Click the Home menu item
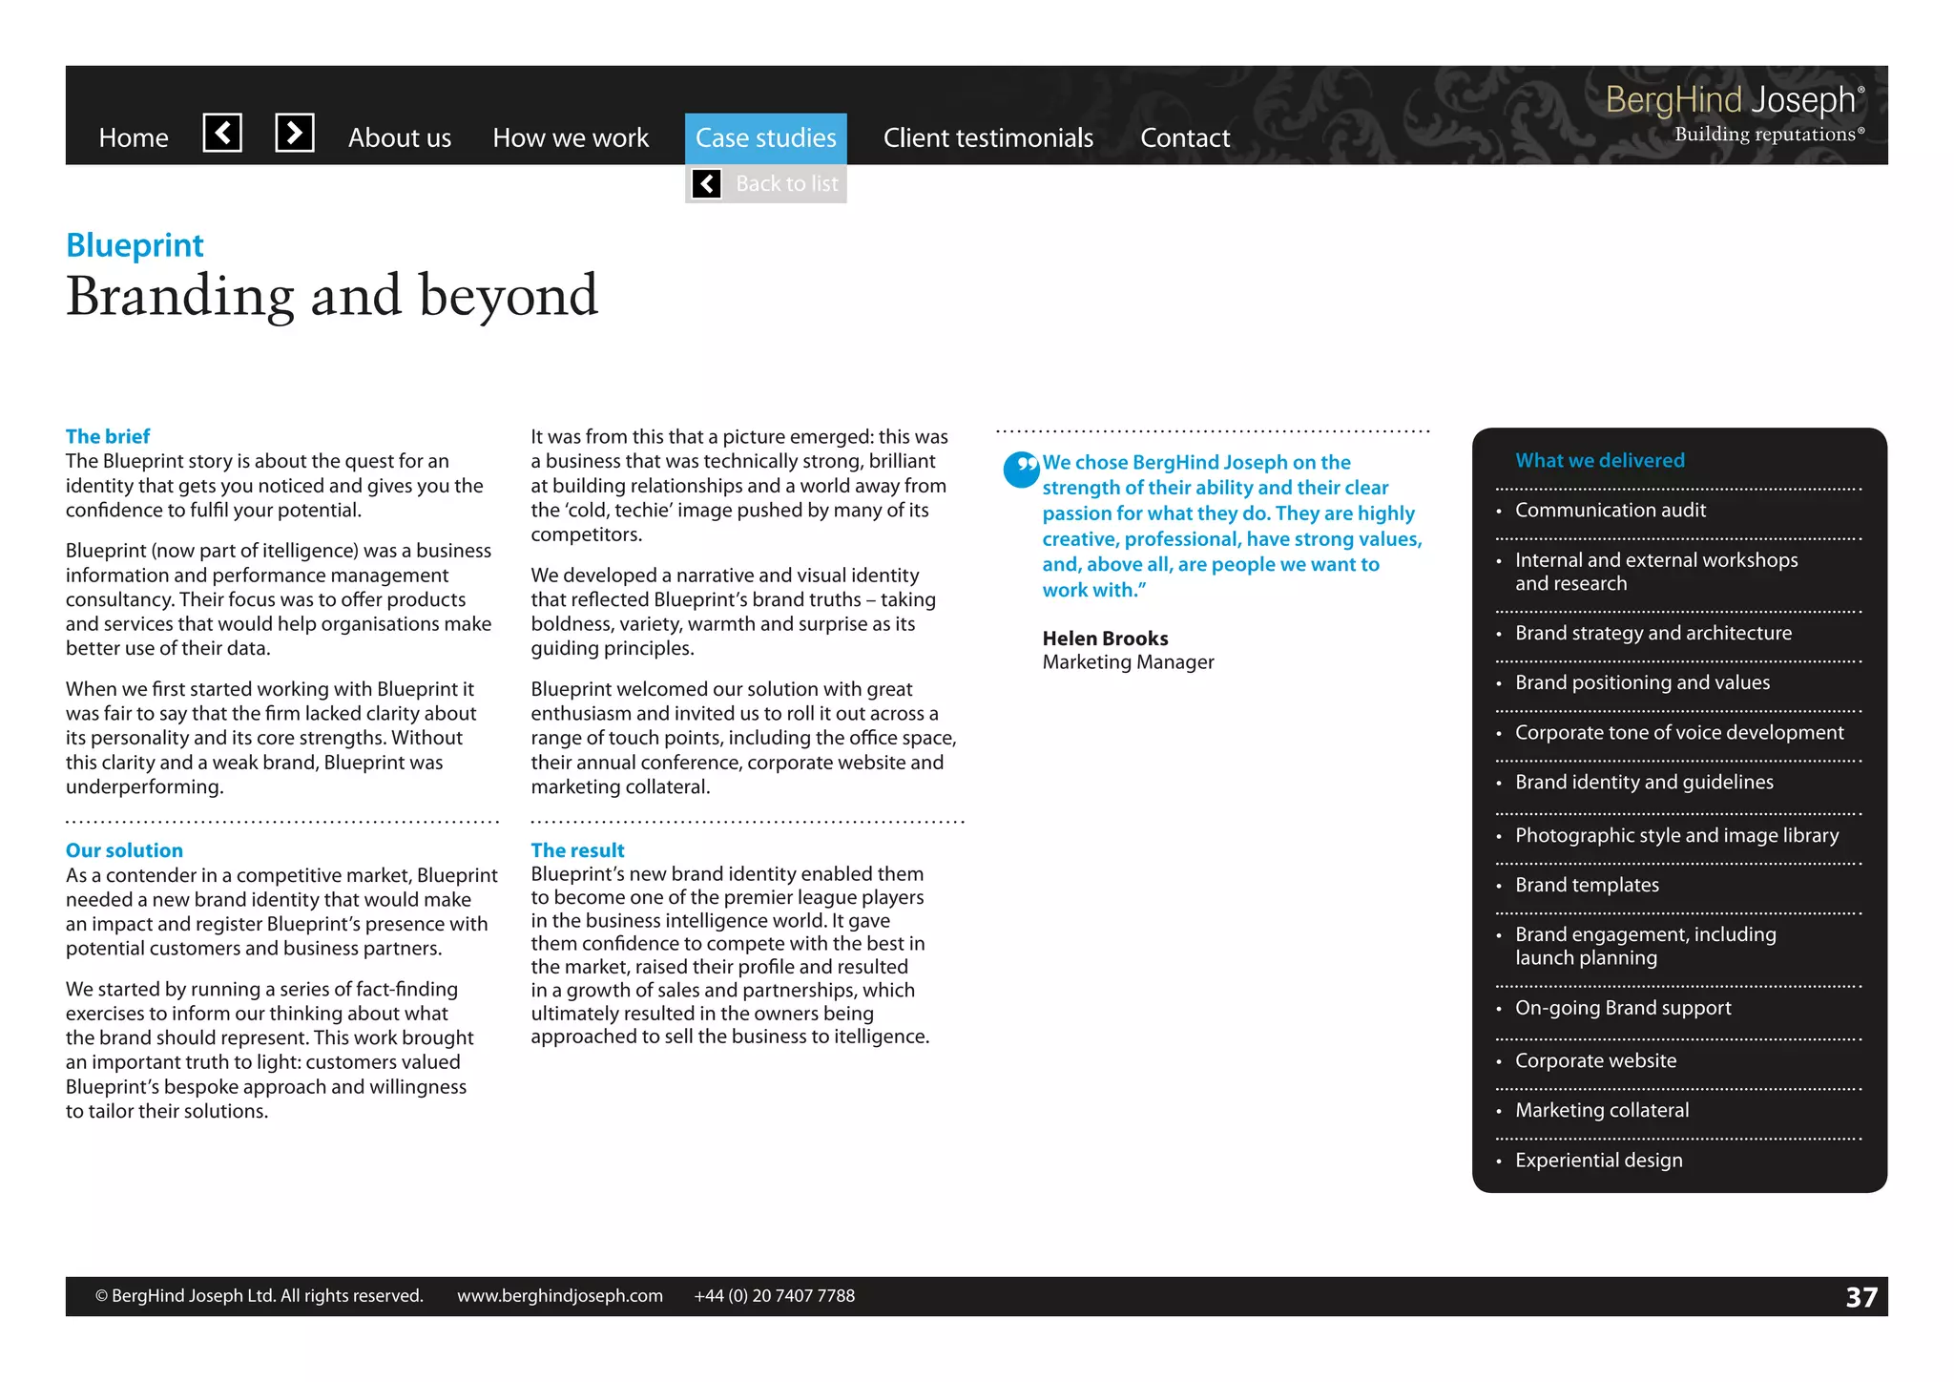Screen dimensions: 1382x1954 coord(134,138)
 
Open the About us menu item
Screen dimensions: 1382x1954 coord(399,138)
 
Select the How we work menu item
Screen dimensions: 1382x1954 coord(570,138)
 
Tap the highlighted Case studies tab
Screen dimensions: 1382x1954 coord(765,138)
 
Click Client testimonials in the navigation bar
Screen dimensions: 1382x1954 coord(987,138)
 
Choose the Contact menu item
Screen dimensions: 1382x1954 coord(1184,138)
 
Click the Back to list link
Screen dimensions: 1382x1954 coord(785,183)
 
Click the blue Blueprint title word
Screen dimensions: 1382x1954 coord(135,245)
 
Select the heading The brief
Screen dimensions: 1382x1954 coord(108,436)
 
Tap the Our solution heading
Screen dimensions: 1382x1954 coord(124,850)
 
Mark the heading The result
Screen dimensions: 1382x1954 coord(577,850)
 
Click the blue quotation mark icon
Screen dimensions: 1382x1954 coord(1021,469)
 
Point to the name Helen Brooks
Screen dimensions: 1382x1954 coord(1105,639)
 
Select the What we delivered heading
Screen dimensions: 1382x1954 coord(1599,460)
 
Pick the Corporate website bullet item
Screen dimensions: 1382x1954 coord(1594,1060)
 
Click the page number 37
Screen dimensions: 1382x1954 coord(1860,1297)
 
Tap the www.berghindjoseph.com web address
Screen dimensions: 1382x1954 coord(559,1296)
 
